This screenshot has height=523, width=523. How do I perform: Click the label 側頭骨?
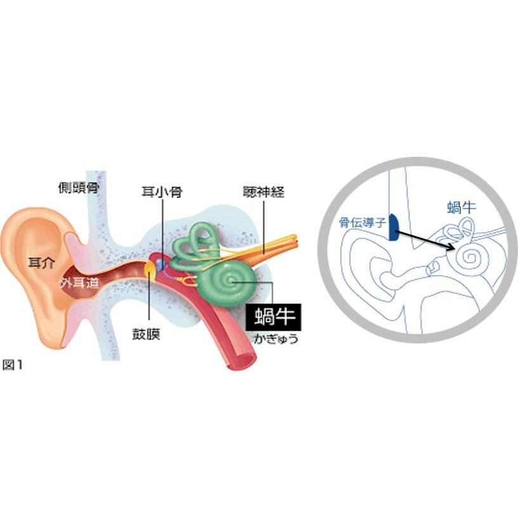coord(79,188)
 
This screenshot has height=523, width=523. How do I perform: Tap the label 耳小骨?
coord(162,192)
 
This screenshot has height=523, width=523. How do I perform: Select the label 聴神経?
coord(264,192)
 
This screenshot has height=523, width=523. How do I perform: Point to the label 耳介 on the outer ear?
coord(41,263)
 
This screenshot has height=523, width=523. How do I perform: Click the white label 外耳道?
coord(79,283)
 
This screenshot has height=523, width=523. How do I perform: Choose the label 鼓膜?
coord(146,334)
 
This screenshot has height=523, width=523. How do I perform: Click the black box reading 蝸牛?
coord(274,317)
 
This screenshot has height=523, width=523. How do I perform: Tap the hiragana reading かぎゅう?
coord(276,339)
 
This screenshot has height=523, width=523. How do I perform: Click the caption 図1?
coord(12,365)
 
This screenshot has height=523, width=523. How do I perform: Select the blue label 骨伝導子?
coord(362,222)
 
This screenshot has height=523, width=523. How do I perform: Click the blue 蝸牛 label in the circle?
coord(461,207)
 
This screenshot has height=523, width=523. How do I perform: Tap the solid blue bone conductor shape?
coord(394,227)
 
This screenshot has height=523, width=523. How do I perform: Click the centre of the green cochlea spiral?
coord(230,282)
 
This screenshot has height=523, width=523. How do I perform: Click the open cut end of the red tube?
coord(242,361)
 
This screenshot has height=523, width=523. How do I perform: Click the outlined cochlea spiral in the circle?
coord(470,257)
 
